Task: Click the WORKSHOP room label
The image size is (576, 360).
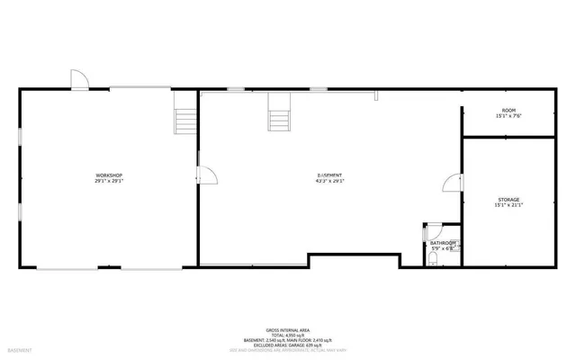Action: point(109,175)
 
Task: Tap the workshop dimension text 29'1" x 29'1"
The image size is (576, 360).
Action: point(109,181)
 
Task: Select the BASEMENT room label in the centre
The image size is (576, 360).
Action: point(330,175)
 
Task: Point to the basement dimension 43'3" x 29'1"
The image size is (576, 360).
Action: point(330,181)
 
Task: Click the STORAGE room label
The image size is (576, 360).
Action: point(508,199)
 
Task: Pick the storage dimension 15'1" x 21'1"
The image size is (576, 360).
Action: point(508,205)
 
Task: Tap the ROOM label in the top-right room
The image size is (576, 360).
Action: point(508,110)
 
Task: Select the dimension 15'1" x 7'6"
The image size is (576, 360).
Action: point(508,116)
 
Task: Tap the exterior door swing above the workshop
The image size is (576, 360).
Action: point(80,81)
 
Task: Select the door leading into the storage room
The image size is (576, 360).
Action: point(452,185)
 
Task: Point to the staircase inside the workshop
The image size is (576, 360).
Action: point(185,121)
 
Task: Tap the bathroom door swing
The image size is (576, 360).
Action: point(428,231)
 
